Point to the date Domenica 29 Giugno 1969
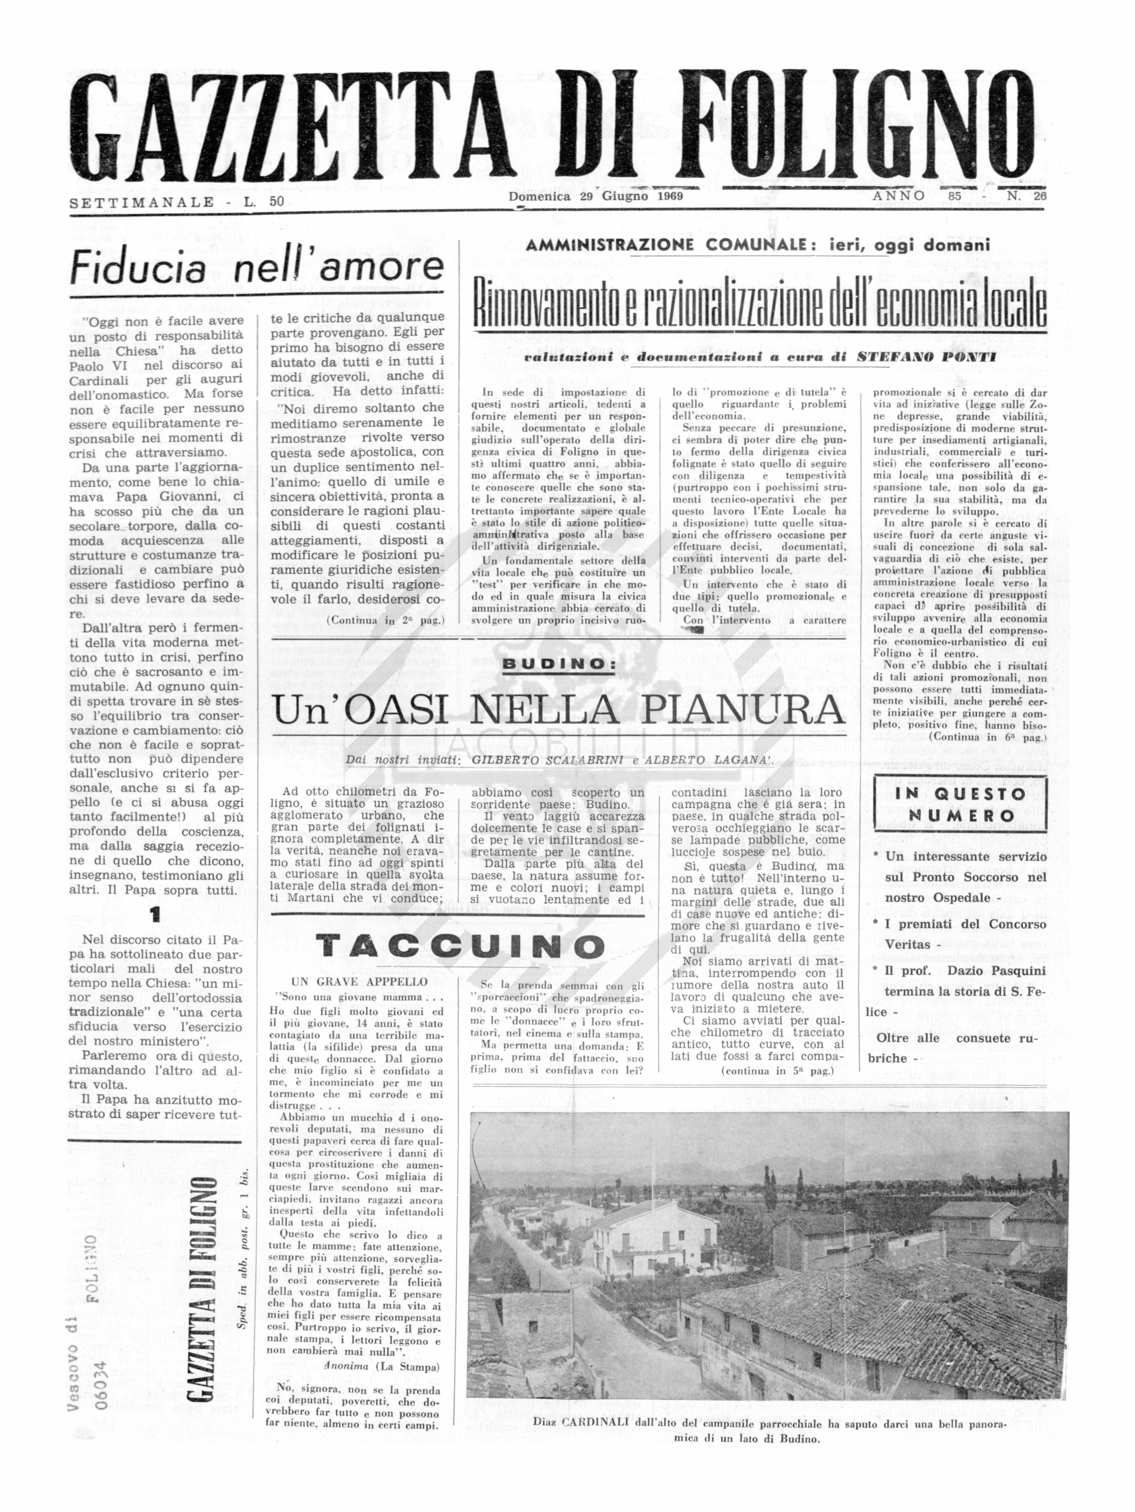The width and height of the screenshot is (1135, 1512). click(x=596, y=196)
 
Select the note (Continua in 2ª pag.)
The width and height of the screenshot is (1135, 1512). click(x=385, y=621)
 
